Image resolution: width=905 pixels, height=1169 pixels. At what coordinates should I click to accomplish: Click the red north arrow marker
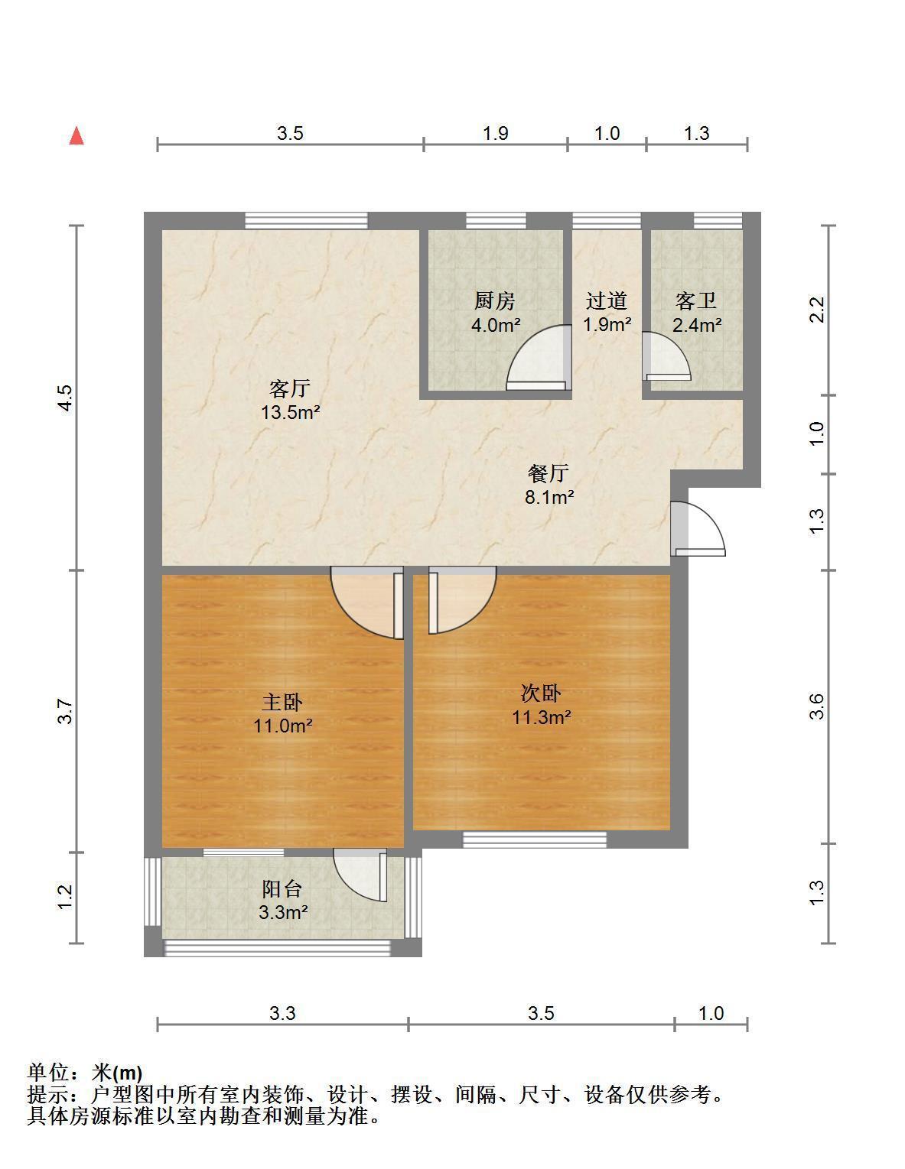click(x=77, y=135)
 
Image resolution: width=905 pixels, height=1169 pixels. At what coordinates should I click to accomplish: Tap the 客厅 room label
click(x=289, y=388)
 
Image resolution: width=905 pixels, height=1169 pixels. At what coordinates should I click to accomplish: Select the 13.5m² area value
click(x=290, y=413)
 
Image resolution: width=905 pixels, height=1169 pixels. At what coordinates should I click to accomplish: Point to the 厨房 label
click(x=494, y=300)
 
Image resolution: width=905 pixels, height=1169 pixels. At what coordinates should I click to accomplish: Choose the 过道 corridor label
click(x=607, y=300)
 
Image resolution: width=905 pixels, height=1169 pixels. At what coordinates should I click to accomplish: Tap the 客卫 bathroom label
click(x=695, y=300)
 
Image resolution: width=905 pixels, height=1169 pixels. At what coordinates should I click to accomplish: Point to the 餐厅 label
click(x=549, y=472)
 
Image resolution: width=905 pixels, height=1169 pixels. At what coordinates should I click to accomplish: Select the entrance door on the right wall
click(x=698, y=529)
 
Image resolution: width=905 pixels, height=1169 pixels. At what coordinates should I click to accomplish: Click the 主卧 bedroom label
click(x=282, y=702)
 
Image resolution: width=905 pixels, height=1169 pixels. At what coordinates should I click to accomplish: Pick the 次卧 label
click(x=541, y=693)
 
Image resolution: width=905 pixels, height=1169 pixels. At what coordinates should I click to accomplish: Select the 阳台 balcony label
click(x=282, y=888)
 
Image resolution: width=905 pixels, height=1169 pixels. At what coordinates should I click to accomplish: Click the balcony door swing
click(x=360, y=874)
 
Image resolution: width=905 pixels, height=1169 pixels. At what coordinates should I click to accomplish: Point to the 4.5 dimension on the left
click(x=64, y=398)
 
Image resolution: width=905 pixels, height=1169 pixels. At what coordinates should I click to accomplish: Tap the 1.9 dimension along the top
click(x=495, y=133)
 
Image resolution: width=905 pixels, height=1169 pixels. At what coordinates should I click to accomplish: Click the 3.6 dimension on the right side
click(x=817, y=706)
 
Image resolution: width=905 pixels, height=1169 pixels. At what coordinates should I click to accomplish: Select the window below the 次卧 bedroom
click(x=535, y=839)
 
